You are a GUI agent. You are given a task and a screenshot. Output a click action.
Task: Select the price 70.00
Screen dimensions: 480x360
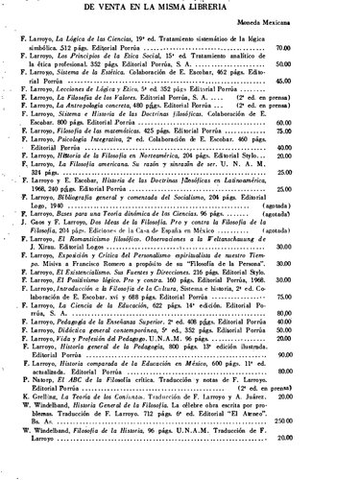tap(336, 47)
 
